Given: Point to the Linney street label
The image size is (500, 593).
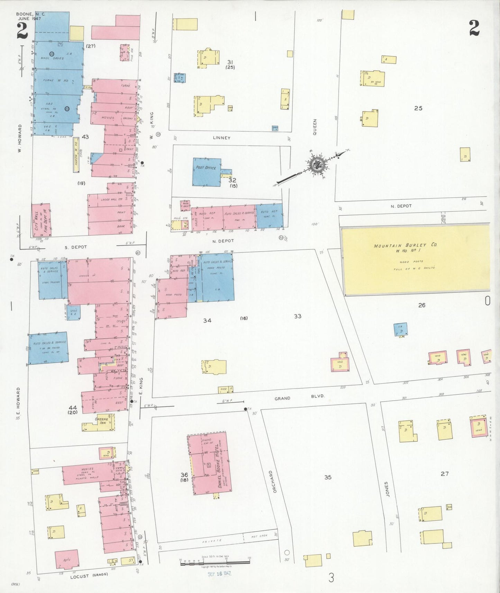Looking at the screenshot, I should click(x=221, y=138).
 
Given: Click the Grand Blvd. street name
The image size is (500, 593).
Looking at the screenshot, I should click(x=299, y=398).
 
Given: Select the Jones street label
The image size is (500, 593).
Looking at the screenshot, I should click(x=387, y=489).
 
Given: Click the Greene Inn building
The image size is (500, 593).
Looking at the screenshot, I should click(x=101, y=421).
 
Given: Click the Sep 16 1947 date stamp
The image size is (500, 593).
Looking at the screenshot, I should click(x=219, y=574).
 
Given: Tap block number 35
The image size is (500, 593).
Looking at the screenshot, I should click(x=328, y=477).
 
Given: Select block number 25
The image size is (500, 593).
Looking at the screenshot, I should click(x=418, y=108).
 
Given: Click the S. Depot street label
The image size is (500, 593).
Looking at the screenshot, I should click(x=76, y=247).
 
